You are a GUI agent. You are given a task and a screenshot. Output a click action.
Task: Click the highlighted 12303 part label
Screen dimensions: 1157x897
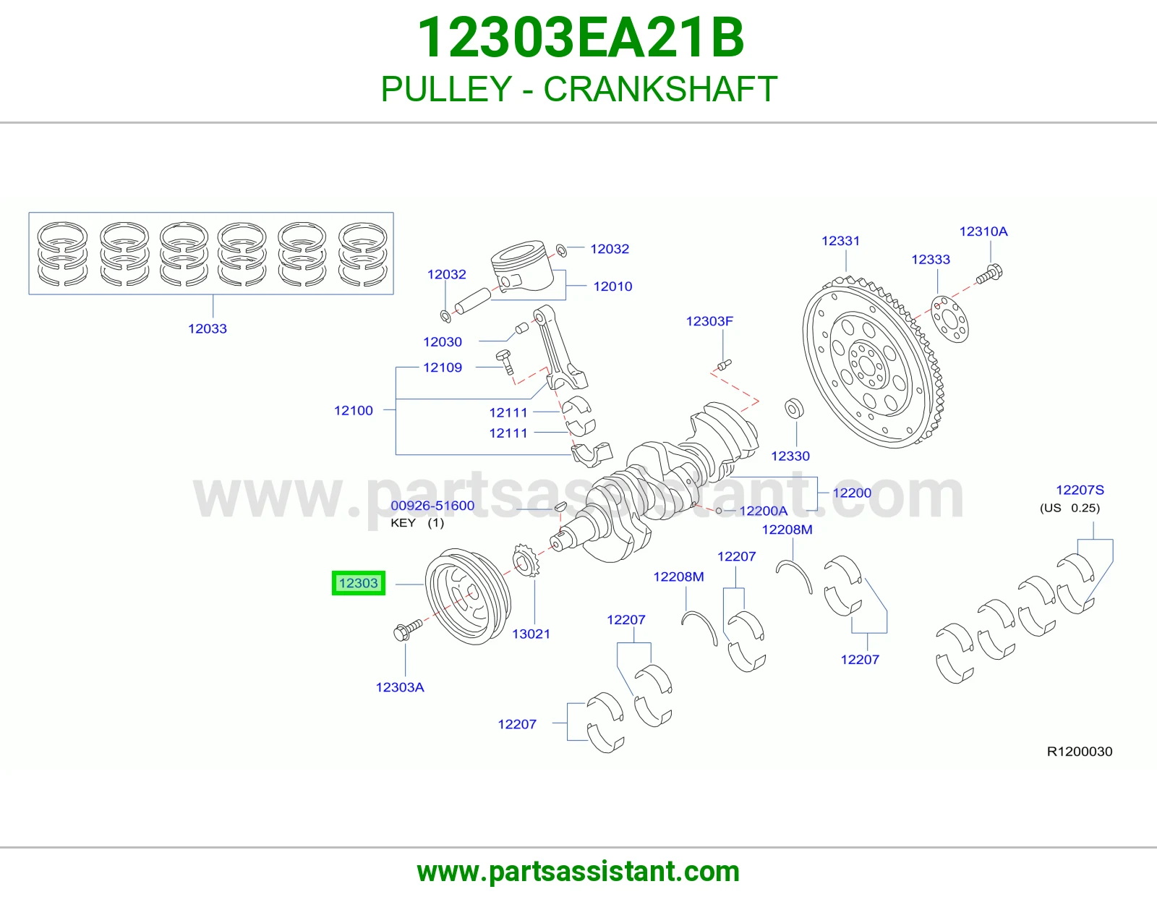pos(359,583)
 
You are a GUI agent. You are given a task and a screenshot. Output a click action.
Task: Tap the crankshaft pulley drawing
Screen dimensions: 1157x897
pos(468,596)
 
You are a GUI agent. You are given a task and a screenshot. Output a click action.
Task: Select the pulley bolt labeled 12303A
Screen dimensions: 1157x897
pos(407,630)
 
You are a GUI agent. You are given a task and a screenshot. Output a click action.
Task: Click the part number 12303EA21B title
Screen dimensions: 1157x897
pos(581,38)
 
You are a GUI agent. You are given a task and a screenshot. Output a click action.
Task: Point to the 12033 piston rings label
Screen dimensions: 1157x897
pos(207,328)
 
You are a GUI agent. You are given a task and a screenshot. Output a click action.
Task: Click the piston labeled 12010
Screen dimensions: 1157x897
pos(518,267)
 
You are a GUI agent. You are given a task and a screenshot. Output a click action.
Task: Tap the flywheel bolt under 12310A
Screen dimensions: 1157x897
pos(989,273)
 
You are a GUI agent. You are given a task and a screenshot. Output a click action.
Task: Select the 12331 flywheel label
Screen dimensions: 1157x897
pos(840,241)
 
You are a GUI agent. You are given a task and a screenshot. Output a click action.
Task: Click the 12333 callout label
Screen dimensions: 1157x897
pos(930,260)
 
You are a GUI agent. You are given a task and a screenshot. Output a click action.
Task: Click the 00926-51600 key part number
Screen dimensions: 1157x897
pos(432,506)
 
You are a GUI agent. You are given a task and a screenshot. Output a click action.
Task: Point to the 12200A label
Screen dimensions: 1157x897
pos(763,511)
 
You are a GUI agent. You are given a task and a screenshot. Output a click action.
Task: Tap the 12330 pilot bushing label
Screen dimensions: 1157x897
pos(790,456)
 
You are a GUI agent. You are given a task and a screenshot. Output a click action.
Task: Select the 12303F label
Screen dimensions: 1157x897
pos(709,321)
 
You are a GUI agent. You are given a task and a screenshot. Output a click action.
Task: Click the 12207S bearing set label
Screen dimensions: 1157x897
pos(1080,490)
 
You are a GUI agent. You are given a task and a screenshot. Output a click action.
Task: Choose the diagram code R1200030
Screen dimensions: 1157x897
pos(1079,752)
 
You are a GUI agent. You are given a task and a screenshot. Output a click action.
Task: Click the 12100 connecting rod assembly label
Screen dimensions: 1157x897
pos(353,411)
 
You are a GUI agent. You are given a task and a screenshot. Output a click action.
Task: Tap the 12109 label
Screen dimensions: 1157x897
pos(443,367)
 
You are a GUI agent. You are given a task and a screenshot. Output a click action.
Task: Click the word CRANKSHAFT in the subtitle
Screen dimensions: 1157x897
pos(660,89)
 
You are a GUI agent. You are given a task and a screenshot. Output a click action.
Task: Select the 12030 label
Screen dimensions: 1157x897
pos(443,342)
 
